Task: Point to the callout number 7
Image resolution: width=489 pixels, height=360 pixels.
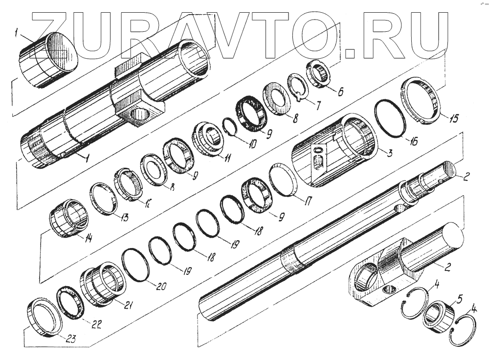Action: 318,104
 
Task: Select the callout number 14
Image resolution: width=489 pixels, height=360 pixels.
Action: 89,239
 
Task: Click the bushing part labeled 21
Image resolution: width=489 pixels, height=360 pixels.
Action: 103,283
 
